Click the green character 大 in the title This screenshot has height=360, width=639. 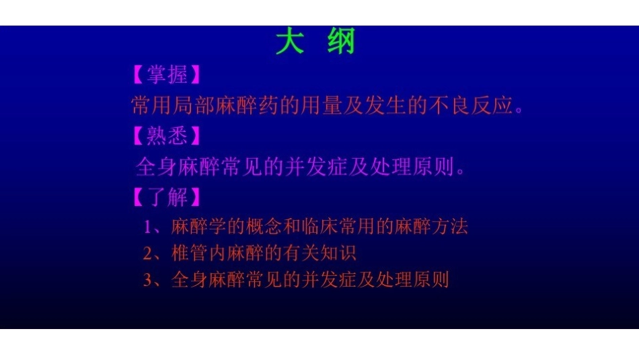289,42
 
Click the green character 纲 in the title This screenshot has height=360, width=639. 341,42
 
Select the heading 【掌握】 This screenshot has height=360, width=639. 167,74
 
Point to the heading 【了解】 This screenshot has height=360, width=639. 167,197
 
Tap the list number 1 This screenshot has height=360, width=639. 147,227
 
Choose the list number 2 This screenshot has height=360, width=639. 147,253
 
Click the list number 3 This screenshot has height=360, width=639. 147,280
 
